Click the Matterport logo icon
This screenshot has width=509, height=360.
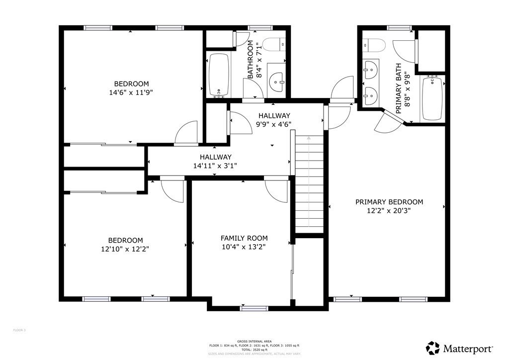click(x=433, y=348)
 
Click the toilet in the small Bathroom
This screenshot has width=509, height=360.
click(x=273, y=45)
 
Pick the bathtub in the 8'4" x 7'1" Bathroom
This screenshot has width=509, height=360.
click(x=219, y=75)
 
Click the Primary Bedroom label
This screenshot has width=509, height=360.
click(x=389, y=202)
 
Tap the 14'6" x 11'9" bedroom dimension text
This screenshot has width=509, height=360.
click(x=131, y=91)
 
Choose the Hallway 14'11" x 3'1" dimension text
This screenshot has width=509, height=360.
click(x=215, y=166)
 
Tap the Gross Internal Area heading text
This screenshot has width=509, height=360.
click(x=254, y=341)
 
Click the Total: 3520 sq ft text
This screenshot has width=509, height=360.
click(x=254, y=350)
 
